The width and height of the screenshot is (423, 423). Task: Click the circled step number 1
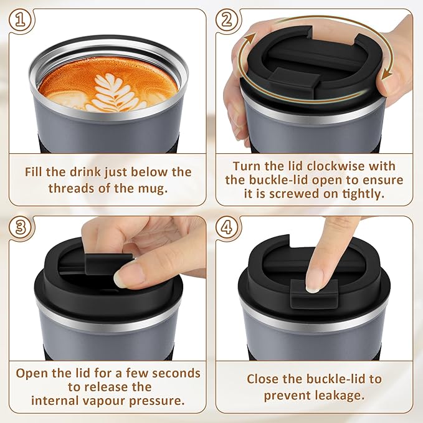click(21, 20)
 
